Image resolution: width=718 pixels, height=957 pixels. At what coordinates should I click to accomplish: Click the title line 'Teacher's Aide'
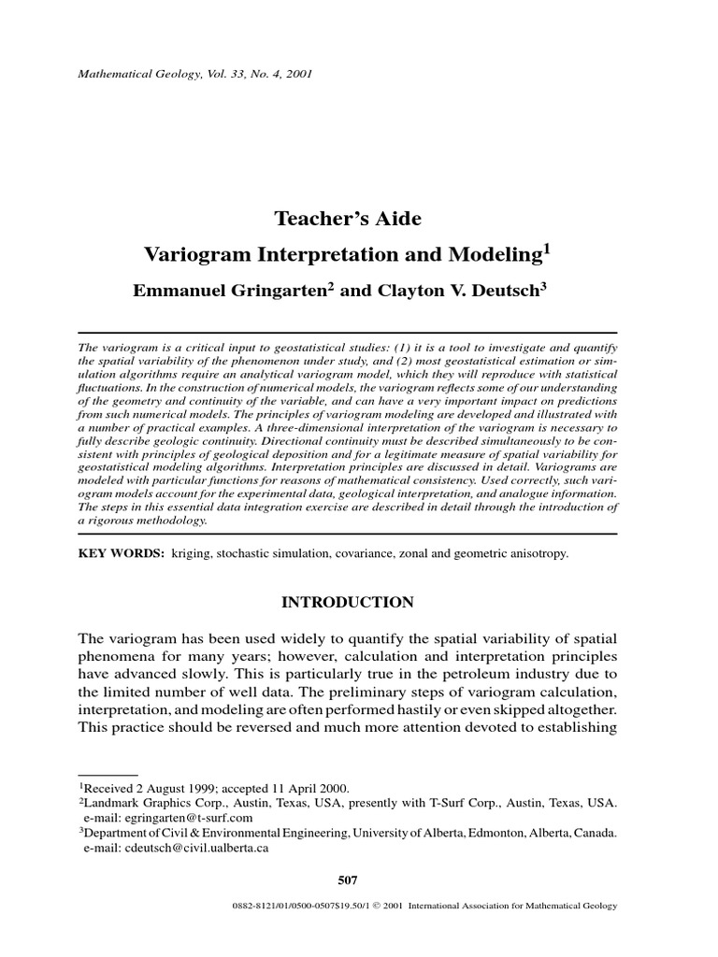(x=348, y=219)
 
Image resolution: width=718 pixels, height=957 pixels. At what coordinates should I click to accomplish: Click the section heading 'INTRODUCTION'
(x=348, y=601)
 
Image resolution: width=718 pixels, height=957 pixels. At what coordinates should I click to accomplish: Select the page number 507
(x=347, y=880)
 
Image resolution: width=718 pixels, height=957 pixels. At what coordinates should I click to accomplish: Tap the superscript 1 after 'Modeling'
(x=548, y=249)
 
